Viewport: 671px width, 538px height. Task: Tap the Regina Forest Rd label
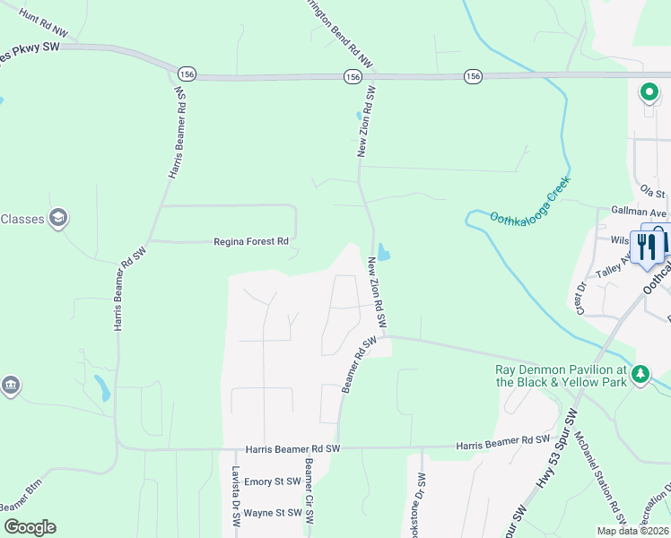tap(251, 241)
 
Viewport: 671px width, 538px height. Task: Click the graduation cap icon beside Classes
tap(58, 218)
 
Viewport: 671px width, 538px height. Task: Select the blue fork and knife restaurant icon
tap(645, 244)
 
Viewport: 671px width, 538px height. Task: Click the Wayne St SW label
tap(272, 513)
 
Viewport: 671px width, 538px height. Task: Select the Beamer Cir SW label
tap(309, 492)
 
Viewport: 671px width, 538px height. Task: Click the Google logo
tap(30, 527)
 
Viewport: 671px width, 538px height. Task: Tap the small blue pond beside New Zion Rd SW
tap(384, 252)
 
